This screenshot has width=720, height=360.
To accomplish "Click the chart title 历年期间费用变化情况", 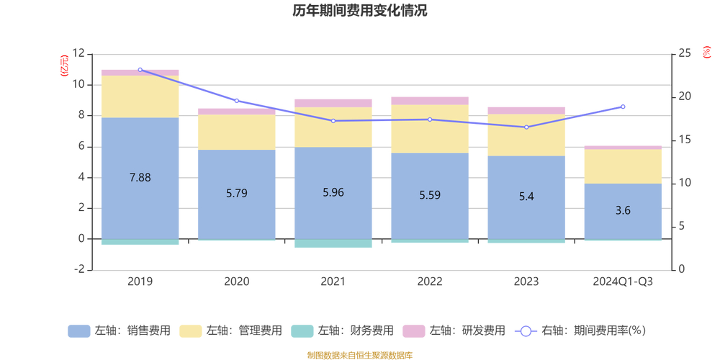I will (359, 11).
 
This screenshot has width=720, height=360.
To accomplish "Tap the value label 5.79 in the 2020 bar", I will (236, 193).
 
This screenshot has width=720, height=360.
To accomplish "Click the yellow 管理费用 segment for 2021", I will (333, 127).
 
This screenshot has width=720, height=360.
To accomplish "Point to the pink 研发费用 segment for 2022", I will (430, 101).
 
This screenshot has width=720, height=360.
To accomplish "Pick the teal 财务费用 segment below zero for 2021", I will (333, 243).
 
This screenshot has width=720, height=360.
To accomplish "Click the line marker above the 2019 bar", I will (140, 70).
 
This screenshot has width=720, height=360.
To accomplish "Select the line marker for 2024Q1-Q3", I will (623, 107).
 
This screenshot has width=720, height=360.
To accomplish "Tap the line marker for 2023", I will (526, 127).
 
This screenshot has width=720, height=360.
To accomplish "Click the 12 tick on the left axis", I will (79, 54).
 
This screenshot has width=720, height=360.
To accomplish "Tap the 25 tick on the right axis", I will (684, 54).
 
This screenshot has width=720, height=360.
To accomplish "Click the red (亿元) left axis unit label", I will (64, 66).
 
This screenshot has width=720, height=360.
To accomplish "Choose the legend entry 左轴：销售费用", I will (120, 331).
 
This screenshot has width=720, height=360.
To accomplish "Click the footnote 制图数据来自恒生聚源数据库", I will (359, 355).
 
